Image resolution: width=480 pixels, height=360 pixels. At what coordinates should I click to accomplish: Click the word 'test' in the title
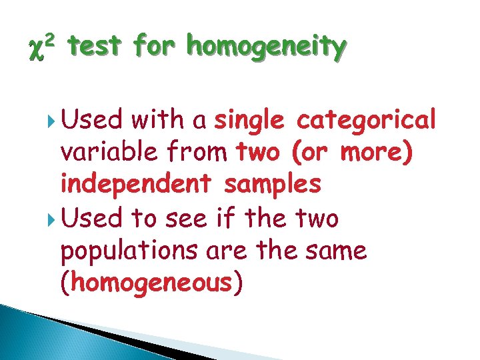95,47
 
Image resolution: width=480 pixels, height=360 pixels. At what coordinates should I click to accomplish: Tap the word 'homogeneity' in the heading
267,47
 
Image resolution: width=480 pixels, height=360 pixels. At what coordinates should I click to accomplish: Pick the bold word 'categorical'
366,120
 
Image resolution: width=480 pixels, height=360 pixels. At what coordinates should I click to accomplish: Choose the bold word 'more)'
385,153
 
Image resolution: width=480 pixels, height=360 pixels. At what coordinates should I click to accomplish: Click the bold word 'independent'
136,185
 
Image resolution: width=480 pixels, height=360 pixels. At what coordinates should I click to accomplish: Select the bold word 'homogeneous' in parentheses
151,283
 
